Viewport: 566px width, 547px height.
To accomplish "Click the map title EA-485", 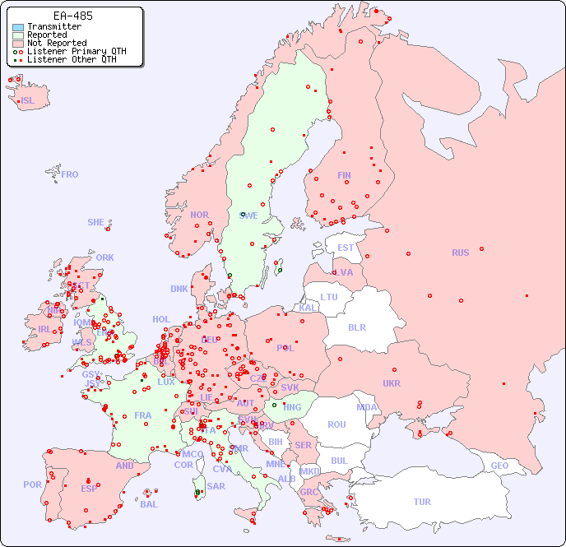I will click(72, 16).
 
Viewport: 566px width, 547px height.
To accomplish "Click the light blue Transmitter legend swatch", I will click(18, 27).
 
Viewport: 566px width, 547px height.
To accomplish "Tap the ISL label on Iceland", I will click(28, 101).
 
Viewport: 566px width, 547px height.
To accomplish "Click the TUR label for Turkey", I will click(422, 502).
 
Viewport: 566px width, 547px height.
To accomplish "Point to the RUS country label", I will click(460, 253).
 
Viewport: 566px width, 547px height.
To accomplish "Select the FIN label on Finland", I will click(344, 175).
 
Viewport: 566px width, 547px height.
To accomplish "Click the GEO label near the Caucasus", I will click(499, 466).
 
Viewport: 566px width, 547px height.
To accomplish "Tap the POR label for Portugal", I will click(32, 484).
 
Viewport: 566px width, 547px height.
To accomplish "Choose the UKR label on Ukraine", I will click(392, 383).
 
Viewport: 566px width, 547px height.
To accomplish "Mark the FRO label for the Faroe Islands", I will click(70, 174).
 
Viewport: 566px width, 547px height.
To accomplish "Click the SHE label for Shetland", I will click(96, 222).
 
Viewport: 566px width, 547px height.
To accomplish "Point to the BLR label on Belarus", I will click(356, 327).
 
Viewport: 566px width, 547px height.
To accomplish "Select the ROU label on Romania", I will click(336, 424).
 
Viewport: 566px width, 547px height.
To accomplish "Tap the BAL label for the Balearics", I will click(149, 504).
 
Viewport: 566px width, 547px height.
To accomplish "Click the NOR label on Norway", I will click(199, 215).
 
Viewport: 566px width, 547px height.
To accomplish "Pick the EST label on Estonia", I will click(346, 248).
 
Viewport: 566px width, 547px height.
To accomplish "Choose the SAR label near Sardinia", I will click(216, 486).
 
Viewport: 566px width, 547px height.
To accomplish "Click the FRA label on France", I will click(143, 415).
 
